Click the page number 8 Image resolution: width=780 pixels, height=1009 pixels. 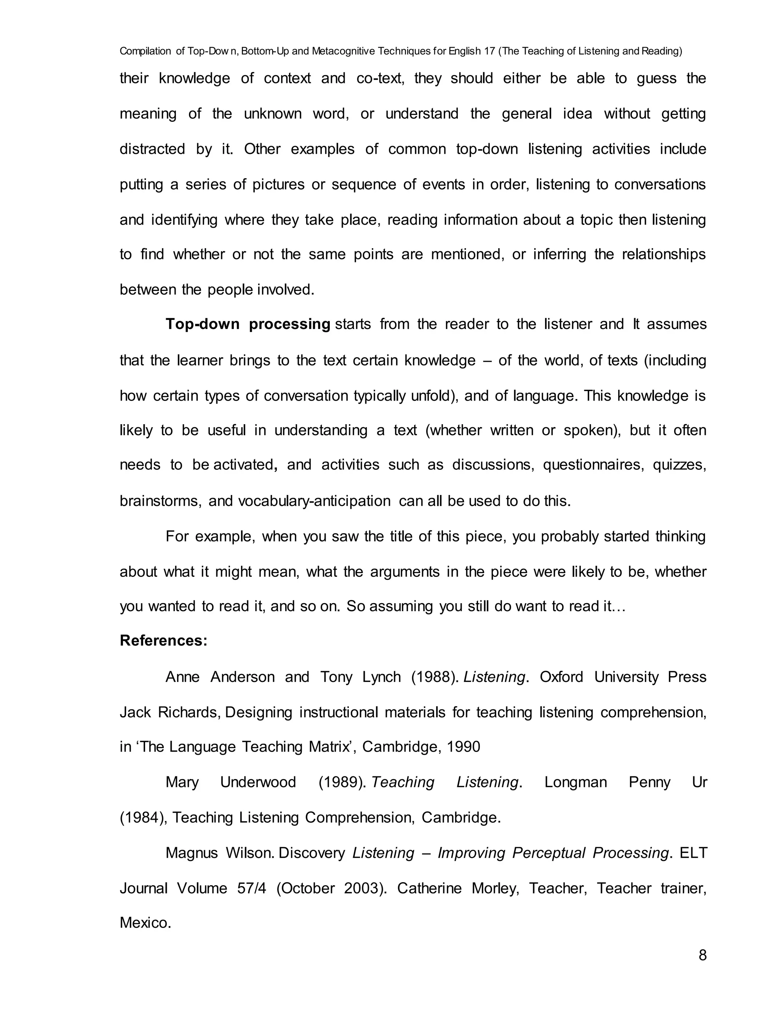coord(702,955)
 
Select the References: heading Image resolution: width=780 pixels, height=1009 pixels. coord(163,641)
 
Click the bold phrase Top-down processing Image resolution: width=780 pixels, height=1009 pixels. coord(248,324)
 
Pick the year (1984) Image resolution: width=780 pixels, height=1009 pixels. coord(143,818)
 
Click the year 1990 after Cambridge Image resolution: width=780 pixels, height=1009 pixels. coord(464,747)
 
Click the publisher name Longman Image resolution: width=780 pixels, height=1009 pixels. coord(575,782)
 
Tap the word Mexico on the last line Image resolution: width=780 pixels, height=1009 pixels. coord(145,923)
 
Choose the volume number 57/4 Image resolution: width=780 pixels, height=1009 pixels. coord(252,888)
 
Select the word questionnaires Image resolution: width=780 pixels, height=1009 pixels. coord(593,465)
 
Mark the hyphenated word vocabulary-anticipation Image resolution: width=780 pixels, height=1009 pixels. coord(314,501)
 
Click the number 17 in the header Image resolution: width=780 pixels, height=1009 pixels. coord(489,51)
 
